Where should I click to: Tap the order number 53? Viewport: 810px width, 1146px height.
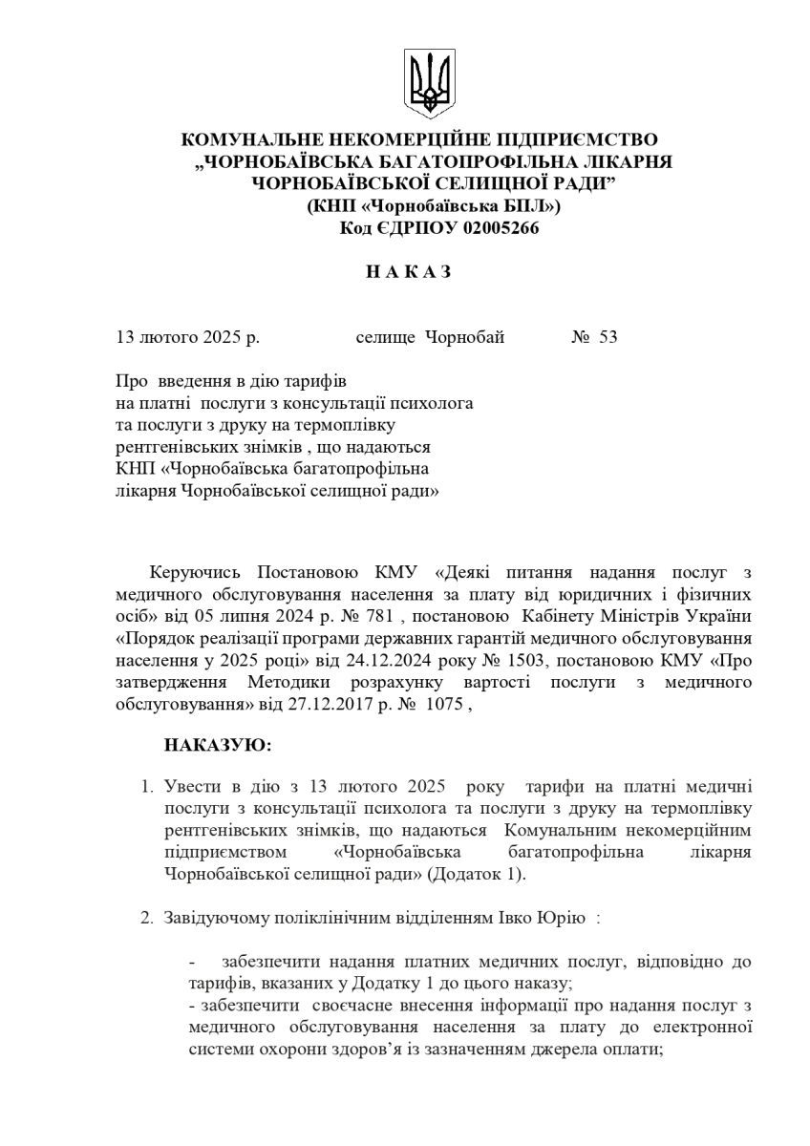pyautogui.click(x=607, y=337)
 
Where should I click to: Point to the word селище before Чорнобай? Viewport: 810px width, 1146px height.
pyautogui.click(x=385, y=337)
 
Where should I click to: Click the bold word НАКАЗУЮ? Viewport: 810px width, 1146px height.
pyautogui.click(x=218, y=743)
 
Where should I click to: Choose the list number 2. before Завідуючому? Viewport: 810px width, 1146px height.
pyautogui.click(x=147, y=918)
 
